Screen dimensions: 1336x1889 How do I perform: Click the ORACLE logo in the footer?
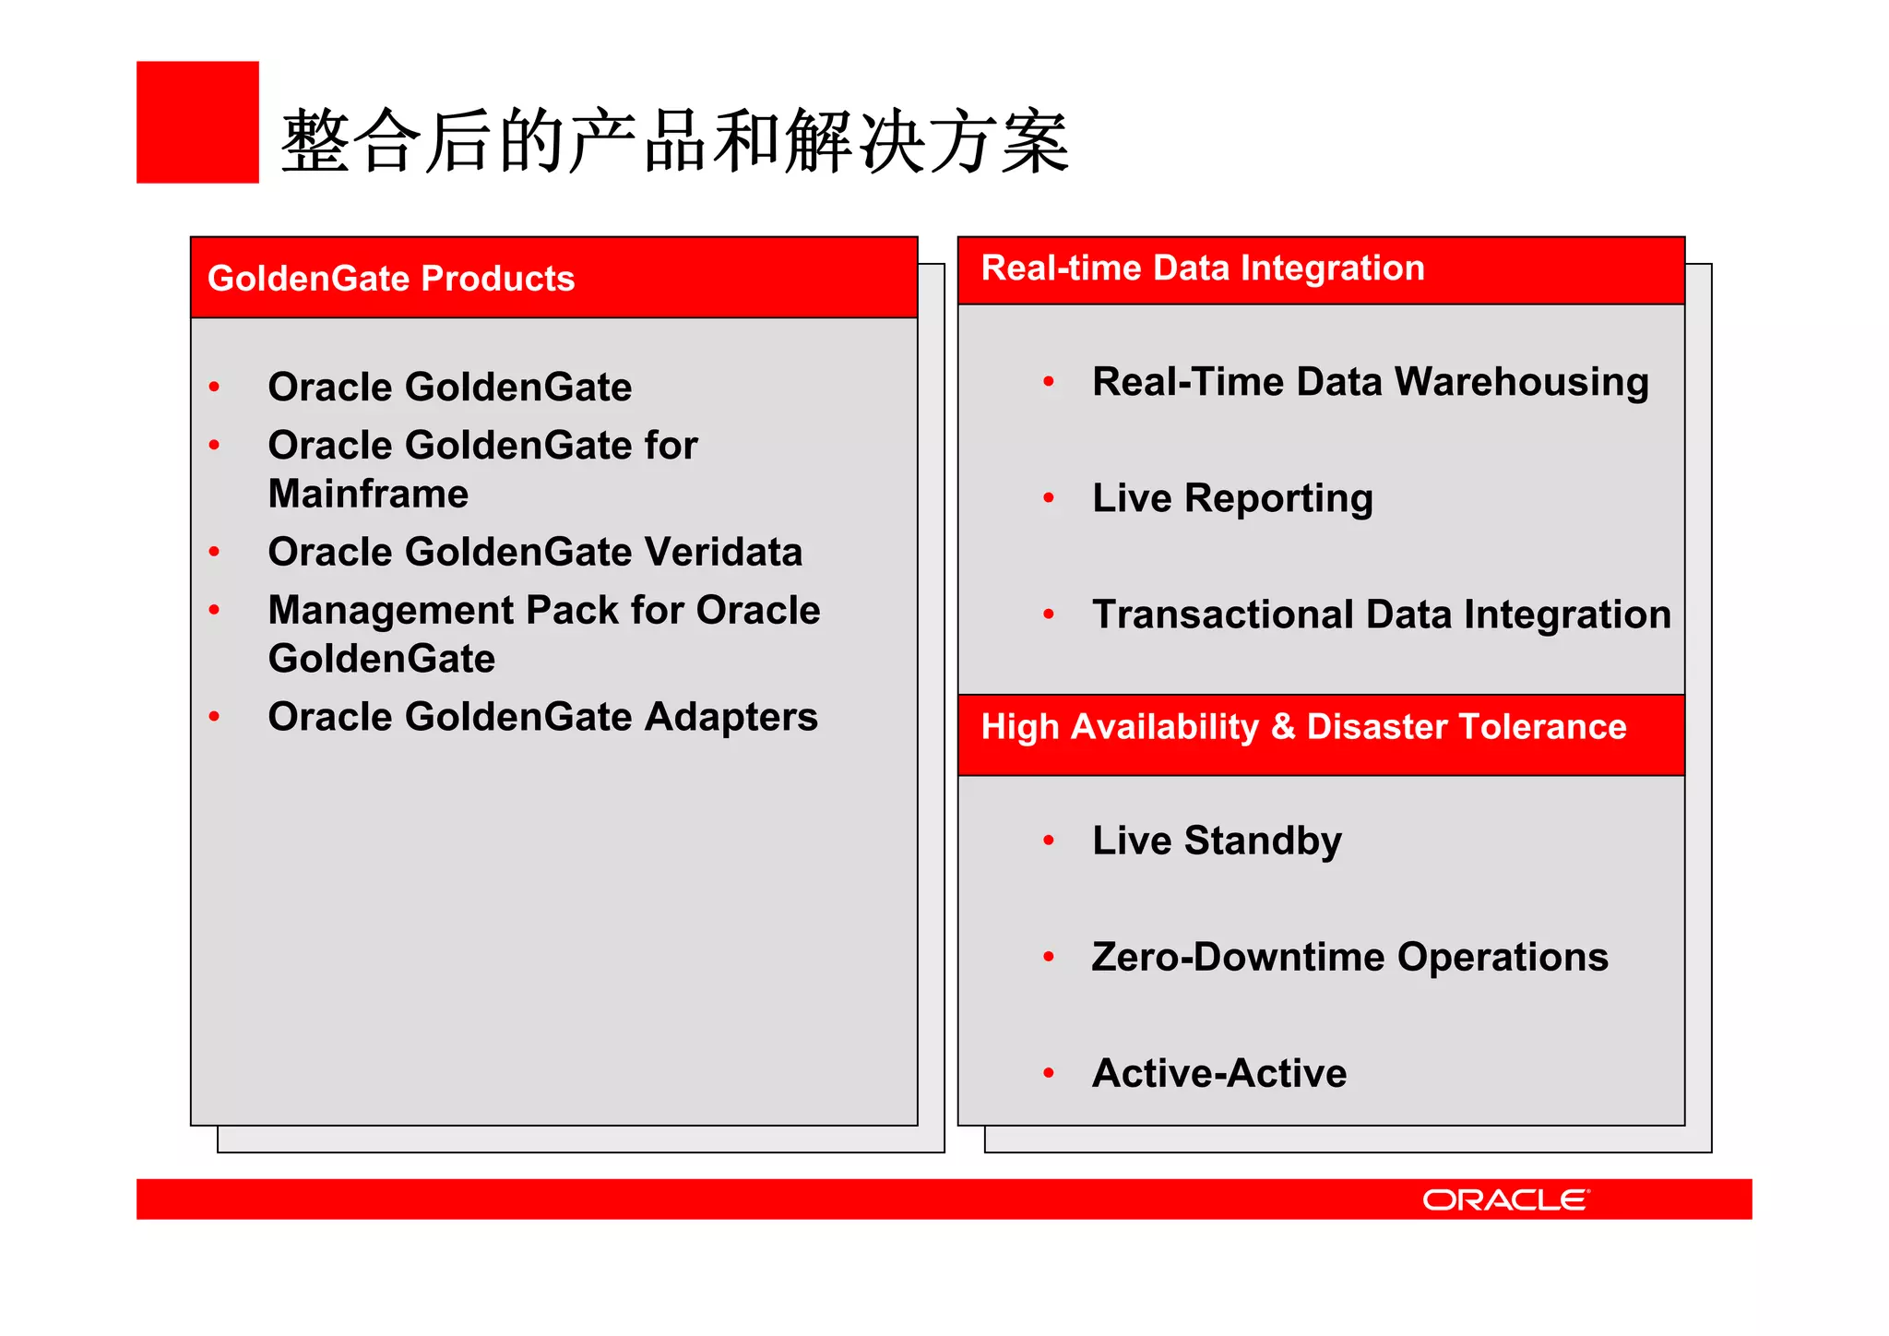point(1505,1199)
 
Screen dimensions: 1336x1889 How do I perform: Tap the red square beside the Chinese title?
point(197,122)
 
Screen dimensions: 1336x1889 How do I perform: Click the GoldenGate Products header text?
point(391,279)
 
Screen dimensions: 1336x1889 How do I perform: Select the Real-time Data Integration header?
point(1203,268)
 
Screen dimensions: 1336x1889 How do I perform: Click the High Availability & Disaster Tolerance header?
point(1303,727)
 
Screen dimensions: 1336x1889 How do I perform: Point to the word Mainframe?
point(368,494)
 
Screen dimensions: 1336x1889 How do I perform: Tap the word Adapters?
point(731,717)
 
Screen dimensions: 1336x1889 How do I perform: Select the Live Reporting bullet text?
point(1232,498)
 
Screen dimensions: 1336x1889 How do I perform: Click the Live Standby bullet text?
point(1217,841)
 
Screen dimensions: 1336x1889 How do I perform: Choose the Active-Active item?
point(1219,1073)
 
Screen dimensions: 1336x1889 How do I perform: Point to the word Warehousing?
point(1521,382)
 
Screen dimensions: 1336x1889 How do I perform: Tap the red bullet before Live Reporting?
point(1049,498)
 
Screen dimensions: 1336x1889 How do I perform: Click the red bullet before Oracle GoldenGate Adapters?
point(214,717)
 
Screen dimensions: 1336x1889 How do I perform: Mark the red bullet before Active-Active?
point(1049,1073)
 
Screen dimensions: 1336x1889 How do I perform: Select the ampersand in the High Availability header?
point(1283,727)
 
